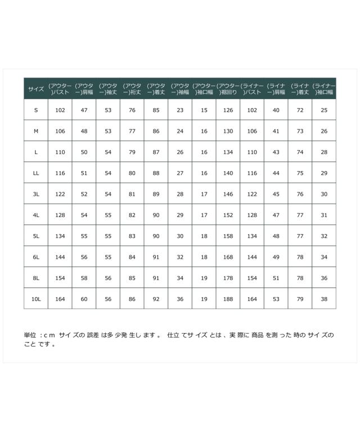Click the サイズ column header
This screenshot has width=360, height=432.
(x=36, y=89)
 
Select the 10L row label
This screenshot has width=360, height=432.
(x=36, y=299)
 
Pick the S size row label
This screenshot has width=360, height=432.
(x=36, y=110)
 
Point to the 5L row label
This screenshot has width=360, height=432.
(x=36, y=236)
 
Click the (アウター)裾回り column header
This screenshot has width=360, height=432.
(x=228, y=89)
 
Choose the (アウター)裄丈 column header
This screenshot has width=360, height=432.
(x=132, y=89)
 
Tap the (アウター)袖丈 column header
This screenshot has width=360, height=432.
(x=108, y=89)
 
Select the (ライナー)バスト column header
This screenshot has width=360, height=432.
(x=252, y=89)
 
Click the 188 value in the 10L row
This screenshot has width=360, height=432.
(x=228, y=299)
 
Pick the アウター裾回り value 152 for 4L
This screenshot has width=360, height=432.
(x=228, y=215)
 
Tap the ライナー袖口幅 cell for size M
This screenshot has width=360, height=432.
(x=323, y=131)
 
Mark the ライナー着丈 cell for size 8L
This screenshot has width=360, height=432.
(x=300, y=278)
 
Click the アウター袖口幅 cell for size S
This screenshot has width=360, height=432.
(x=204, y=110)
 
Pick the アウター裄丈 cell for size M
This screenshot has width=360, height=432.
(x=132, y=131)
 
